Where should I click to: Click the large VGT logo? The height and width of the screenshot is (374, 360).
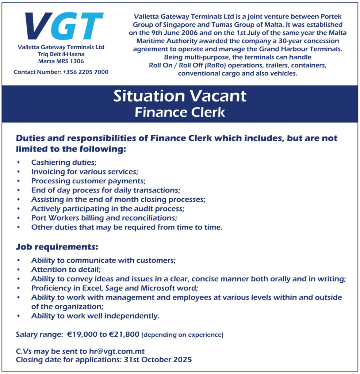[64, 26]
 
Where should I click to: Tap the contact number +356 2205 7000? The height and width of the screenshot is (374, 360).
[85, 72]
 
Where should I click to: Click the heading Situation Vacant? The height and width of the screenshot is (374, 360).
[180, 96]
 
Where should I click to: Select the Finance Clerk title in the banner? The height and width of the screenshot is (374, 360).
[180, 112]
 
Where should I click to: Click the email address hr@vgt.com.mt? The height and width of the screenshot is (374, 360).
[117, 351]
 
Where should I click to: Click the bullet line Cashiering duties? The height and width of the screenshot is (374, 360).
[64, 162]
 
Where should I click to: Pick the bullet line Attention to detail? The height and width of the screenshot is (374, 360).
[66, 270]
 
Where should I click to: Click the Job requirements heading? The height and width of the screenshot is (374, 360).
[57, 247]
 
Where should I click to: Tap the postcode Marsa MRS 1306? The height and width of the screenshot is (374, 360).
[61, 61]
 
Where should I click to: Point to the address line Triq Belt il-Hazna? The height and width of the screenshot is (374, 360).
[61, 54]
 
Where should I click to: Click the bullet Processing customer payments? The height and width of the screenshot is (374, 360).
[88, 181]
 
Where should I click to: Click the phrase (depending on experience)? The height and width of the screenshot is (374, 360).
[182, 335]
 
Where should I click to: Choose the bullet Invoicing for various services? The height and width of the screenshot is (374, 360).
[85, 171]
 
